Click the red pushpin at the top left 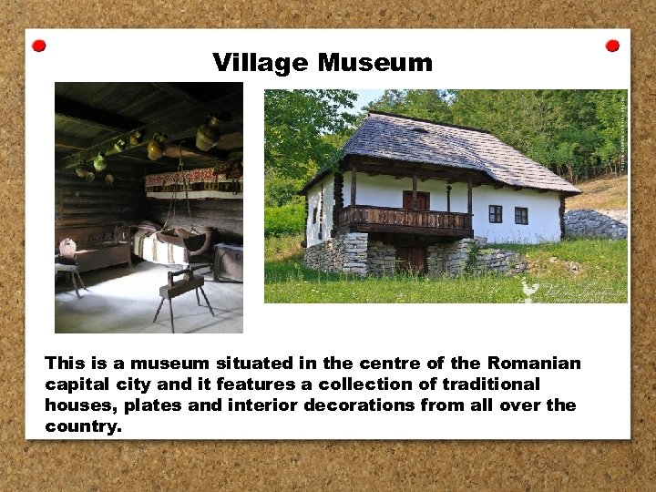pyautogui.click(x=38, y=46)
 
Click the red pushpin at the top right pyautogui.click(x=612, y=46)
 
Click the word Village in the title pyautogui.click(x=261, y=63)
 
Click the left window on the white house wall pyautogui.click(x=495, y=214)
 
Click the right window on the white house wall pyautogui.click(x=521, y=216)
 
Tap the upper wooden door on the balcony pyautogui.click(x=415, y=201)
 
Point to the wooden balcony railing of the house pyautogui.click(x=405, y=220)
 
